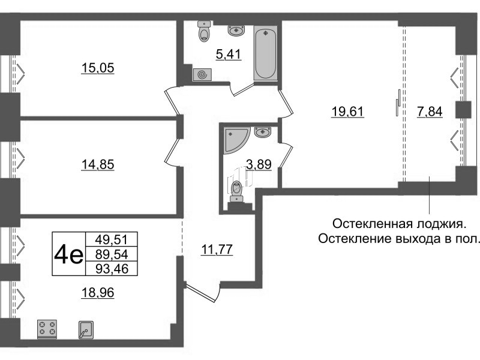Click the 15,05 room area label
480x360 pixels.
(x=98, y=68)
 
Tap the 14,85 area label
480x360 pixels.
(x=98, y=164)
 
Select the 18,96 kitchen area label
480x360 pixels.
(x=98, y=293)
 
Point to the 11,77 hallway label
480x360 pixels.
(x=217, y=249)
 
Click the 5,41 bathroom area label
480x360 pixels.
(x=229, y=55)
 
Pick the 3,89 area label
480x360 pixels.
(x=259, y=164)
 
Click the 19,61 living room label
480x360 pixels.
(x=348, y=112)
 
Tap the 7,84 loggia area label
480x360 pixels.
(x=430, y=112)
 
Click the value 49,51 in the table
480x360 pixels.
(x=112, y=239)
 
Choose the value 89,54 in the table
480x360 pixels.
(x=112, y=254)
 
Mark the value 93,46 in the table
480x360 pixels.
(x=112, y=269)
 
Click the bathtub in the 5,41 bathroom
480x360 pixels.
(x=266, y=53)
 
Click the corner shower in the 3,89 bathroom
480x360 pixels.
(x=237, y=140)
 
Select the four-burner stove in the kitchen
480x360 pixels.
(x=47, y=329)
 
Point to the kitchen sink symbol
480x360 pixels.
(x=86, y=329)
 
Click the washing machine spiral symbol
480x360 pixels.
(x=202, y=74)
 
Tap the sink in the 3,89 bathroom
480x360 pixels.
(x=263, y=132)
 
